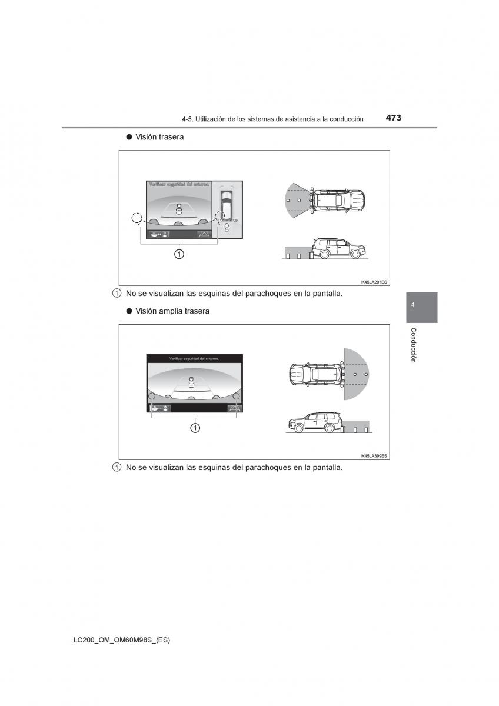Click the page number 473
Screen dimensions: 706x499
394,118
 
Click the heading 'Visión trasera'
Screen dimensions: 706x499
159,137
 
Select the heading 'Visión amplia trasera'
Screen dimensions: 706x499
172,311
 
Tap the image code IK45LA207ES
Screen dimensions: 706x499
374,282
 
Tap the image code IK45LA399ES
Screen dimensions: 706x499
374,456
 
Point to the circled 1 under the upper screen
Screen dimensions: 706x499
179,254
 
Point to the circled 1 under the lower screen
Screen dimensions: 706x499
194,428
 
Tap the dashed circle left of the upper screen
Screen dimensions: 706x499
137,219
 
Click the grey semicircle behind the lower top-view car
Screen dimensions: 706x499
357,374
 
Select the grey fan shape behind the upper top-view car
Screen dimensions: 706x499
295,200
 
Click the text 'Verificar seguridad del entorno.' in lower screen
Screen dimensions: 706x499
194,358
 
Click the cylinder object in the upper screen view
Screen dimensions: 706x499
179,208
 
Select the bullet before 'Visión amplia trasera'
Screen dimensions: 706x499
128,311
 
